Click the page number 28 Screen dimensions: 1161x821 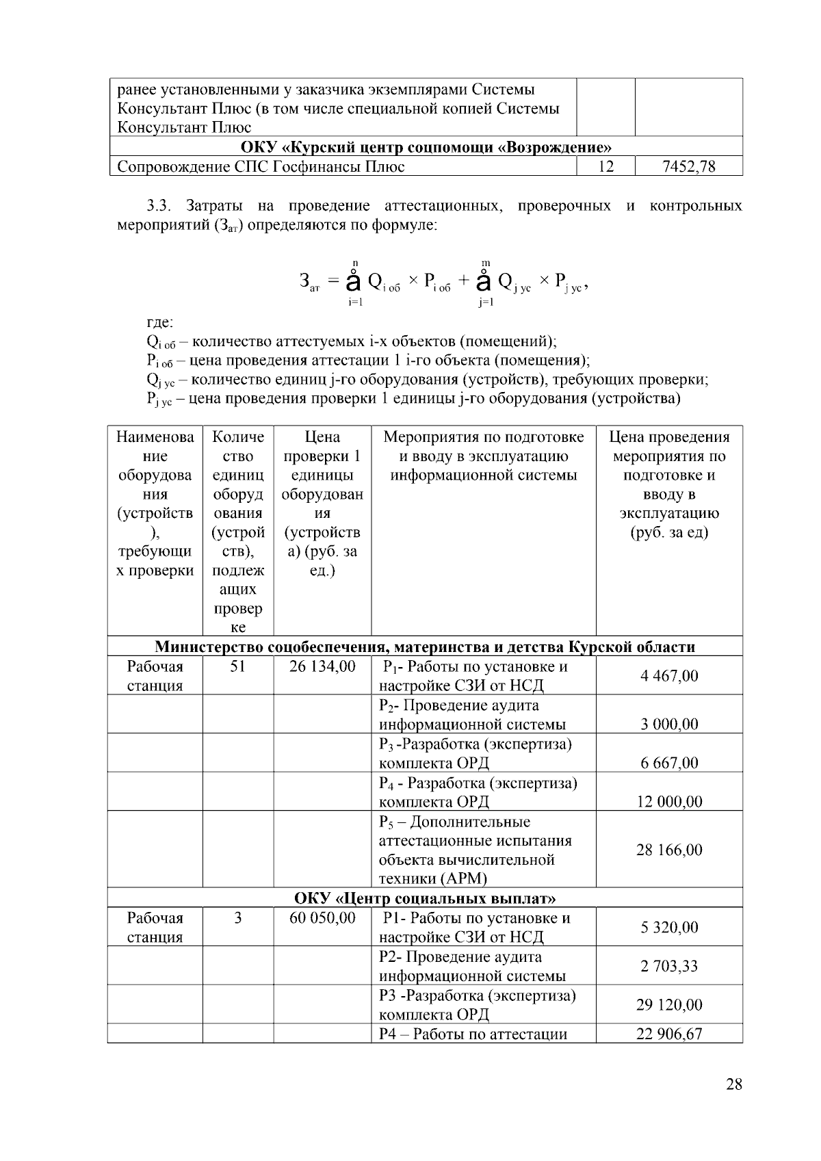coord(734,1084)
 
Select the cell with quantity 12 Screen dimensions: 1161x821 coord(605,166)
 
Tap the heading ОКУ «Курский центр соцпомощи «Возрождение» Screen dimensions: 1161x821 coord(426,147)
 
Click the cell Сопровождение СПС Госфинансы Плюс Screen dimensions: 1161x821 coord(261,166)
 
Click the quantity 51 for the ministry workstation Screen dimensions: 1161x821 coord(237,666)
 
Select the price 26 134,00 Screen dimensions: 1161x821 coord(322,666)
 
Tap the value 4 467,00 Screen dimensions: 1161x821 coord(669,676)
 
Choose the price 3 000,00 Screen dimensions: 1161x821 coord(669,724)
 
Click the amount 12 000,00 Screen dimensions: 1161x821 coord(669,801)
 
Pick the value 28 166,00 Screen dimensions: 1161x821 coord(669,850)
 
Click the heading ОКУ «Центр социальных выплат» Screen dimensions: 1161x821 coord(425,898)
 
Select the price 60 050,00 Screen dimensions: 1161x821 coord(322,917)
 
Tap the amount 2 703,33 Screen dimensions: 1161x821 coord(669,966)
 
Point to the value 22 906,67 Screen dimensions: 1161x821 coord(669,1034)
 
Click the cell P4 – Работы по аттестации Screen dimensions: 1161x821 coord(473,1034)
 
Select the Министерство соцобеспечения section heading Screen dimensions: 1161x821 coord(425,647)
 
